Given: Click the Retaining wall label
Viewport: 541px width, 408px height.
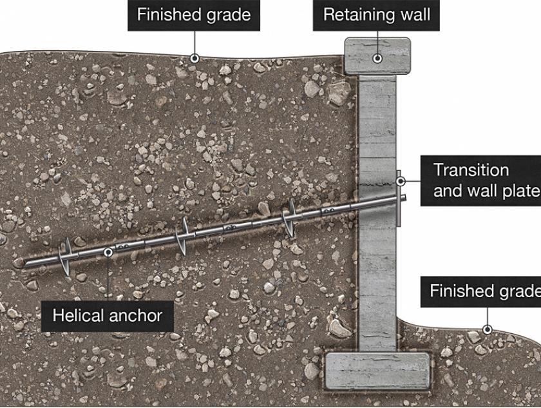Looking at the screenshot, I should coord(376,15).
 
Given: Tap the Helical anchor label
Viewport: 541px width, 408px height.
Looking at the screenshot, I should coord(106,316).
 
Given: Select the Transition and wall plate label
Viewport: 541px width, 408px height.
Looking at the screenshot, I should coord(483,180).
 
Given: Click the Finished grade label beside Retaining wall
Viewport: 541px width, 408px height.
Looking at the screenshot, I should coord(194,15).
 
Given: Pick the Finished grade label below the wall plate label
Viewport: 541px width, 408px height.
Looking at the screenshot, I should coord(483,291).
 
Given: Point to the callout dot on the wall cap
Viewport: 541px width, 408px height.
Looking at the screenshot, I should coord(378,58).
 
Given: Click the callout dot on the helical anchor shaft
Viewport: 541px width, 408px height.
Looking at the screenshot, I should coord(108,253).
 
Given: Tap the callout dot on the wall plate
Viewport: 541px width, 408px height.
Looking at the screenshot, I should coord(400,180).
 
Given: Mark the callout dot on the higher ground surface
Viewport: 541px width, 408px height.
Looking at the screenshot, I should coord(194,59).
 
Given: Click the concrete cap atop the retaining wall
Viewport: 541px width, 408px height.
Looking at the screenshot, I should coord(377,54).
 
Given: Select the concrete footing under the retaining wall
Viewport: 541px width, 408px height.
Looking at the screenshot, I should coord(377,371).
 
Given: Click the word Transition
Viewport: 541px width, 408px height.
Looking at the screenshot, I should coord(471,170).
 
